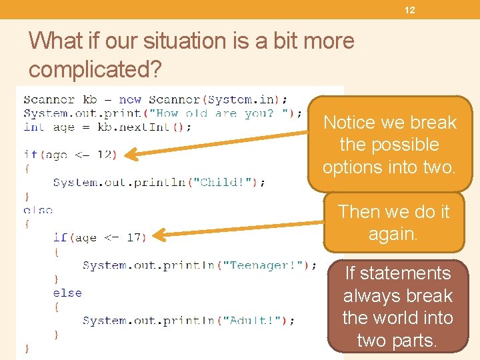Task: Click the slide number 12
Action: coord(410,10)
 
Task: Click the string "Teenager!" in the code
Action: coord(265,265)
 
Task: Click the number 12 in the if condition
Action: coord(104,155)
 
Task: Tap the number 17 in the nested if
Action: coord(133,237)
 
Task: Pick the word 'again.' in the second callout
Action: coord(393,234)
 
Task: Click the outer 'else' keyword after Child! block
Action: coord(38,210)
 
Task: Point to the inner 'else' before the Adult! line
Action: coord(67,293)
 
